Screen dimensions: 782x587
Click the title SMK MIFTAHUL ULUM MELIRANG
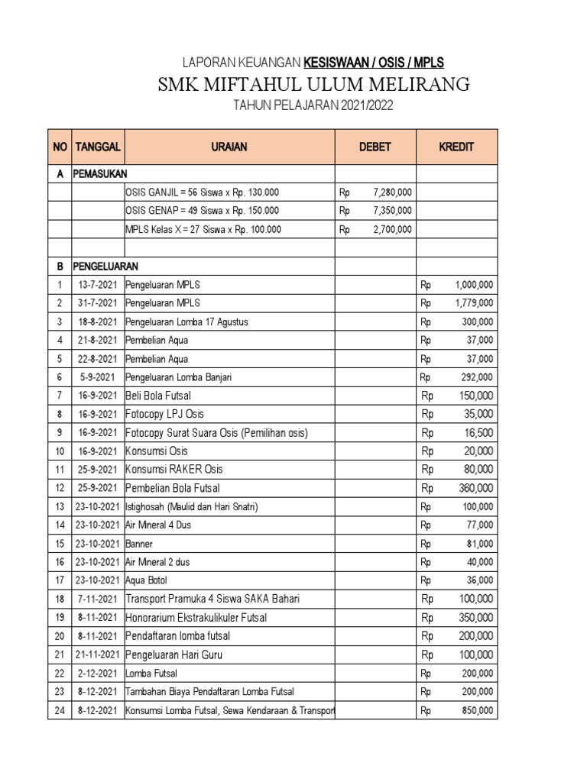pos(313,83)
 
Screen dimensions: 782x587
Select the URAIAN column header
pos(229,147)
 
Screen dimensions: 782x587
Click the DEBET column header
pos(375,147)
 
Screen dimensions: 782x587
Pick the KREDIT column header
pos(456,147)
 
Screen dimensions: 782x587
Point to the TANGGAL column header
pos(97,147)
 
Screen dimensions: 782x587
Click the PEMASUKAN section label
pos(100,174)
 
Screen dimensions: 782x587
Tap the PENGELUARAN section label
pos(105,267)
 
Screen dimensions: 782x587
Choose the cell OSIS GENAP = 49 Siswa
pos(202,211)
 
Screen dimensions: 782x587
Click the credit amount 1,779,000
pos(474,303)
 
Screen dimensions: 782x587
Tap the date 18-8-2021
pos(97,322)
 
